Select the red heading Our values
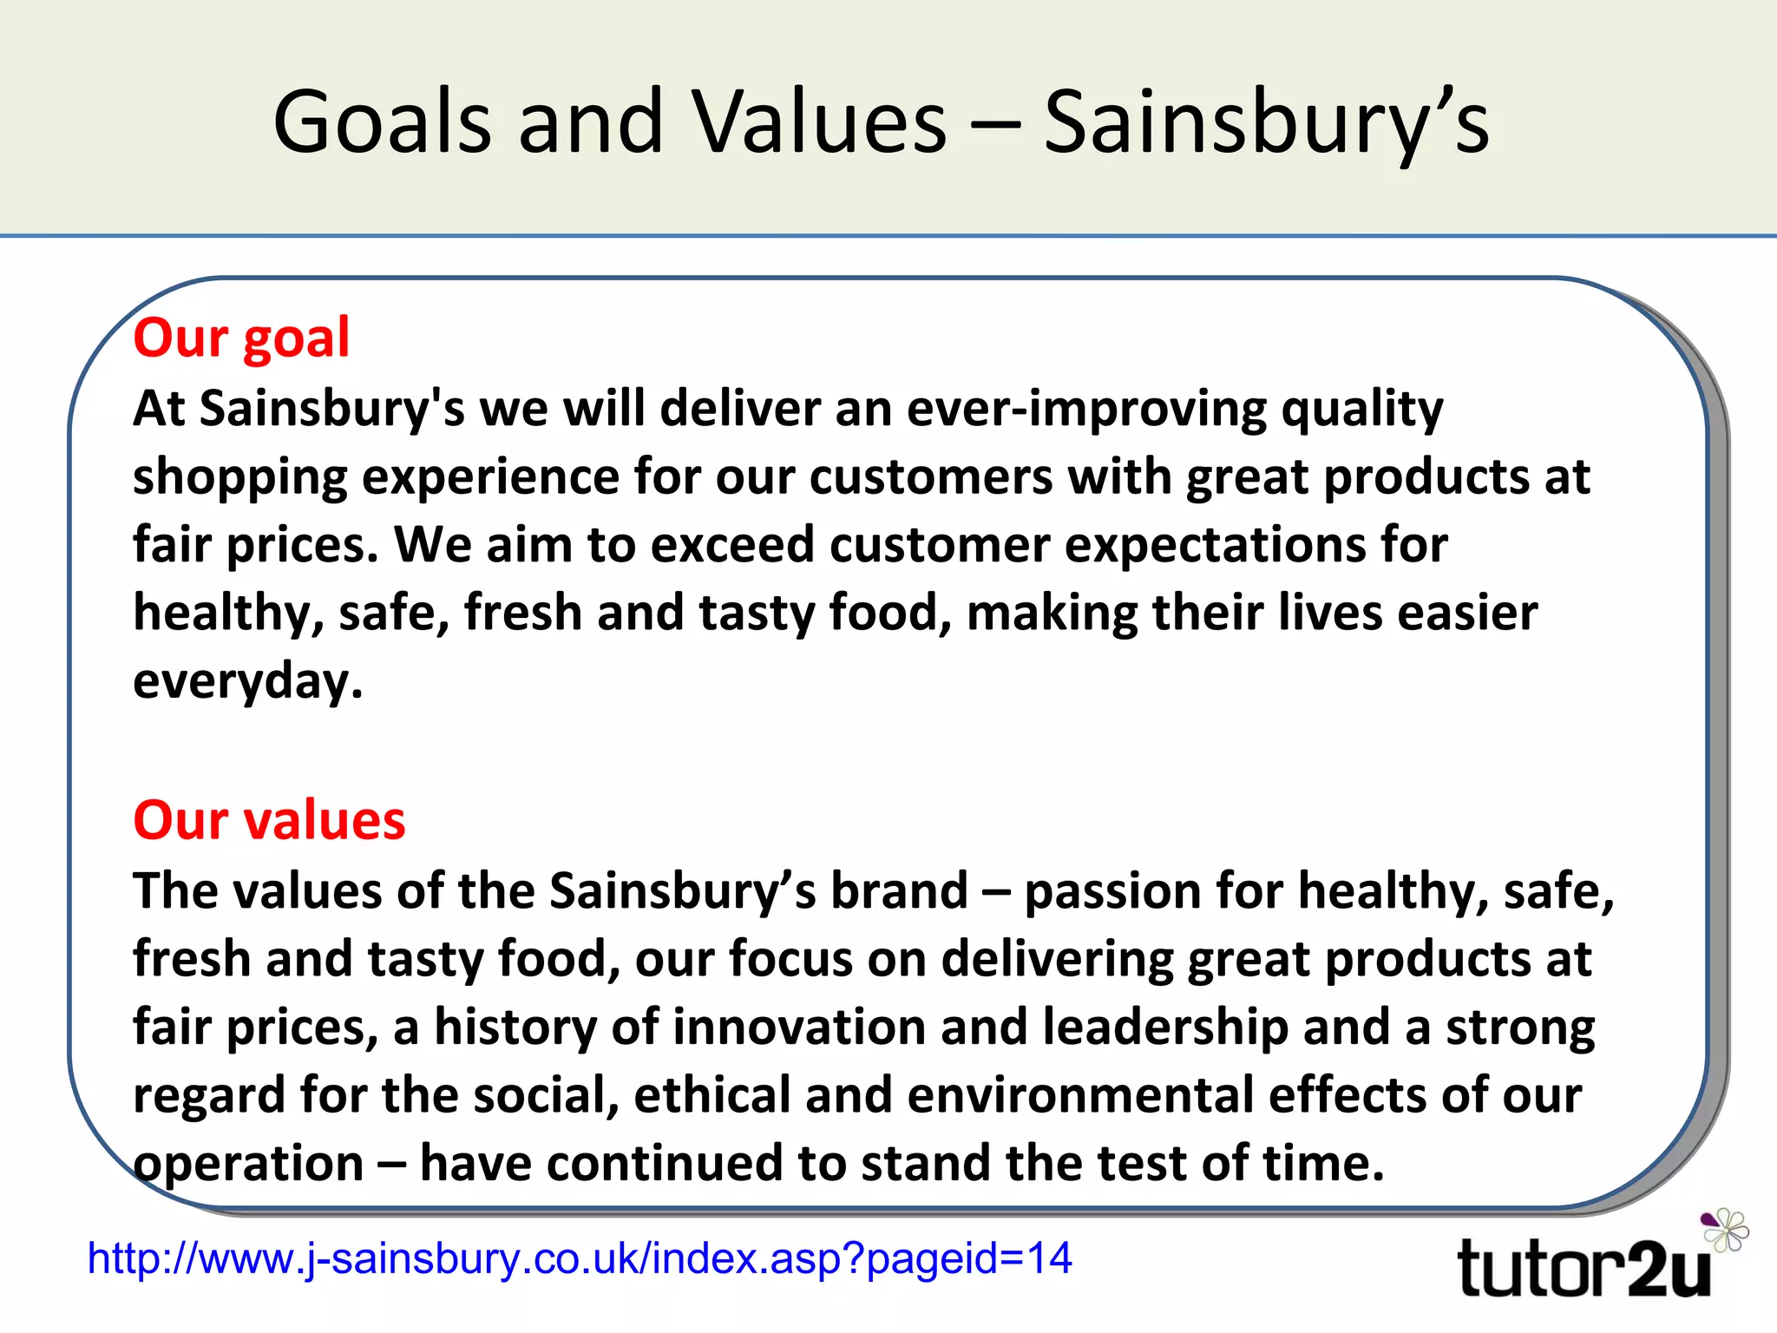269,819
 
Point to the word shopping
239,478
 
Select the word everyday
247,682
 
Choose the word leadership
1165,1028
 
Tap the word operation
248,1165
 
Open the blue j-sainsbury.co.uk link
580,1258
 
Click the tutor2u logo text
1584,1269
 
